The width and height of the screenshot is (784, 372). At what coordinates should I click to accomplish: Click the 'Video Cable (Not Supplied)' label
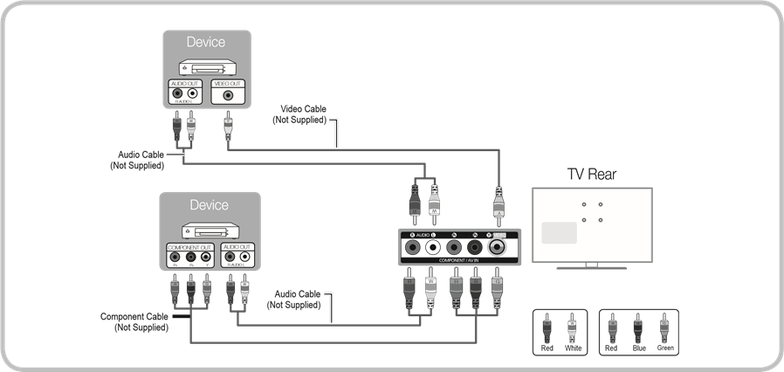[x=299, y=114]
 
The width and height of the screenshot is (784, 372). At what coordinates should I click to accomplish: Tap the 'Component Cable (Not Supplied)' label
[x=139, y=321]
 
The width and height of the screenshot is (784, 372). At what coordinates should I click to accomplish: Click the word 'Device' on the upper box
[x=206, y=42]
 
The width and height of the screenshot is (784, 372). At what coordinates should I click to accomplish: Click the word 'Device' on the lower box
[x=209, y=205]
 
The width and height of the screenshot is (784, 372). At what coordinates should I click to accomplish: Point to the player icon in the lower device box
[x=210, y=231]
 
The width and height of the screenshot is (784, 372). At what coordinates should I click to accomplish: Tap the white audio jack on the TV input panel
[x=434, y=248]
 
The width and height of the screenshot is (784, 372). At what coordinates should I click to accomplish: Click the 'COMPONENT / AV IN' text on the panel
[x=459, y=261]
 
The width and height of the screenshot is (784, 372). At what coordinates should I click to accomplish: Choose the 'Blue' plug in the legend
[x=636, y=331]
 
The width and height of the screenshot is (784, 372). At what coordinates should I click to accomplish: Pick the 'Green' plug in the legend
[x=664, y=331]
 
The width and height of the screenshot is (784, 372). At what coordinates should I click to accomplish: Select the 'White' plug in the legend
[x=573, y=331]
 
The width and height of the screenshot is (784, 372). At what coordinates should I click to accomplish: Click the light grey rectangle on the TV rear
[x=559, y=233]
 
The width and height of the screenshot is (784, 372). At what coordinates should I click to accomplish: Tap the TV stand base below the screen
[x=591, y=265]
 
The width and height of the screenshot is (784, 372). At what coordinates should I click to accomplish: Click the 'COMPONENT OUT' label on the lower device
[x=189, y=248]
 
